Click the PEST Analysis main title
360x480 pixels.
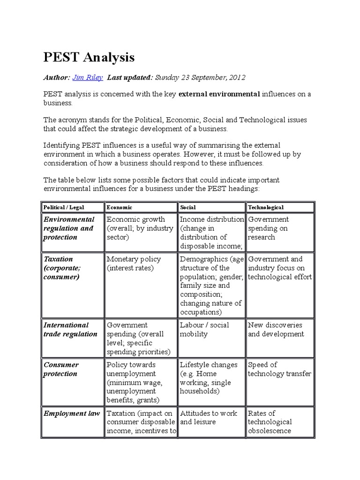[x=89, y=57]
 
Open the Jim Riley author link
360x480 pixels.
[x=88, y=77]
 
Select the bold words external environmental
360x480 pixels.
[x=219, y=94]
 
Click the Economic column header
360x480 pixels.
[x=120, y=207]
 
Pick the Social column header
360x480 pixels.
[x=188, y=207]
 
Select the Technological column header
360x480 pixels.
[x=266, y=207]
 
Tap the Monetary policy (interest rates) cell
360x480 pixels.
[x=134, y=263]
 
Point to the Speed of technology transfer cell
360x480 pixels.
[x=279, y=369]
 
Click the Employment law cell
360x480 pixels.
[x=72, y=413]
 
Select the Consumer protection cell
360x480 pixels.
[x=61, y=369]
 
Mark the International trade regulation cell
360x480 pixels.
[x=70, y=330]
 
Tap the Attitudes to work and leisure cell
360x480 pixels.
[x=209, y=418]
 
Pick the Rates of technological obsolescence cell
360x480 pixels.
[x=270, y=422]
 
